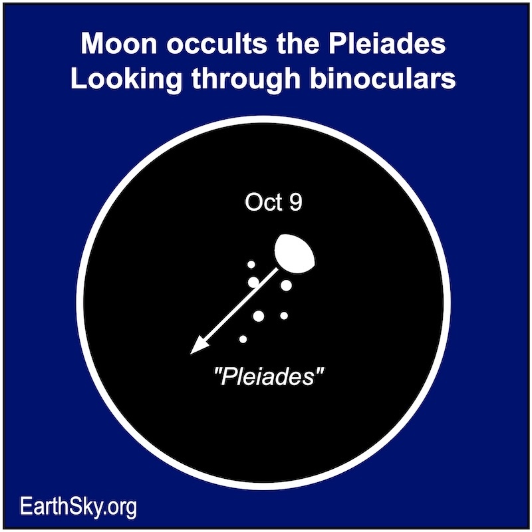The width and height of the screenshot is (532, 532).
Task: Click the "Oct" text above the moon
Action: click(x=259, y=203)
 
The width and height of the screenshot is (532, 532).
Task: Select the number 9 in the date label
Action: click(x=295, y=203)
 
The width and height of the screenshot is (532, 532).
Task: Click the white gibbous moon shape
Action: click(x=293, y=253)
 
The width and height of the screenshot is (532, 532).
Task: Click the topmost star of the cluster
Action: click(x=251, y=265)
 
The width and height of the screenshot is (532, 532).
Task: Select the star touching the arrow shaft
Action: click(x=253, y=283)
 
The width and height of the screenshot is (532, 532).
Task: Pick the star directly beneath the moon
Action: click(x=287, y=285)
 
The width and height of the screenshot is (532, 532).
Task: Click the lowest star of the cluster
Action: click(x=243, y=340)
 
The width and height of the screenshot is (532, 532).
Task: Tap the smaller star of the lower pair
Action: click(x=284, y=315)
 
